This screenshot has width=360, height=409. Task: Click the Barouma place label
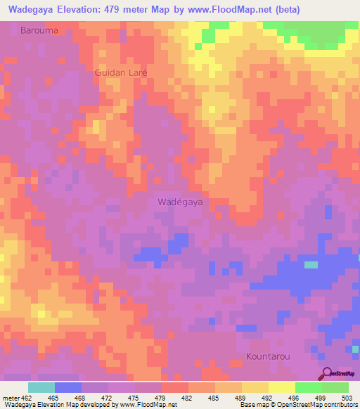tap(39, 31)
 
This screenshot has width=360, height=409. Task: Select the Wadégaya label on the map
tap(180, 201)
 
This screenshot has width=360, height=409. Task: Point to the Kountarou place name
tap(268, 356)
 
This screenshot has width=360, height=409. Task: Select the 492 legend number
tap(268, 397)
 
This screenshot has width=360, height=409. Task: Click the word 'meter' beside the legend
tap(11, 397)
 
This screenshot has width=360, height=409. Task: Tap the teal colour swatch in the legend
tap(41, 387)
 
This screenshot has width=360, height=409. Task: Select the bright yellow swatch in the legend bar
tap(281, 387)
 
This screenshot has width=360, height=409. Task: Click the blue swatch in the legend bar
tap(68, 387)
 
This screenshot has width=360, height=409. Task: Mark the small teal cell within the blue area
tap(311, 265)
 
